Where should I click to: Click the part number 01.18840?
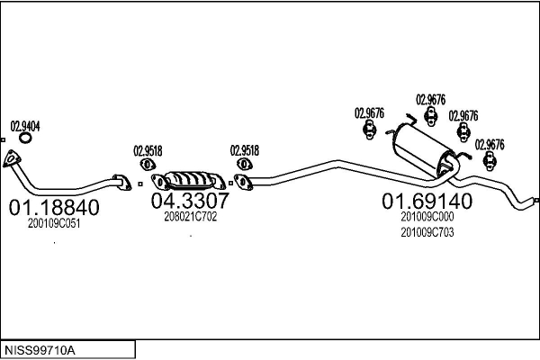(53, 208)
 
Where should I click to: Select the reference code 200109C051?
(53, 223)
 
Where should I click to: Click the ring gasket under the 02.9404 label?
(26, 139)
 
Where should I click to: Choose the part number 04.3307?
(189, 201)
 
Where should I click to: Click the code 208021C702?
(190, 216)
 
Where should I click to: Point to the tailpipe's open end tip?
(535, 200)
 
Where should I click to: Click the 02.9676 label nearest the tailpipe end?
(490, 144)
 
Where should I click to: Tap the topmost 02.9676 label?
(430, 99)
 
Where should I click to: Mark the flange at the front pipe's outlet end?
(119, 182)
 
